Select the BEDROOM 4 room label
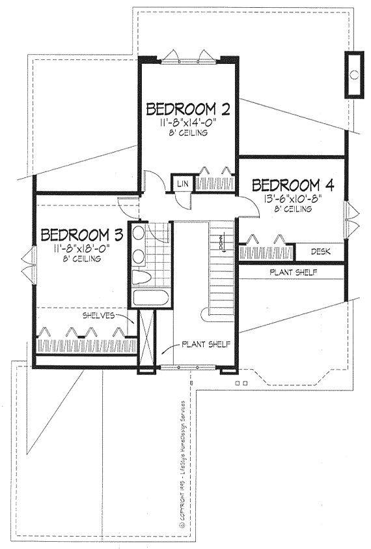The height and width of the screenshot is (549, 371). [293, 185]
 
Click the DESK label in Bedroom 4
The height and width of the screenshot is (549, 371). [319, 251]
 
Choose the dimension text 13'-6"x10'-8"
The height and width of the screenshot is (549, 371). [293, 198]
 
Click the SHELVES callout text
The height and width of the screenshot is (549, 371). [99, 315]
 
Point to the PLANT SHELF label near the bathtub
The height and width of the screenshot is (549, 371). [204, 343]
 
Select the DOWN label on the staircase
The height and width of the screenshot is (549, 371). [221, 244]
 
